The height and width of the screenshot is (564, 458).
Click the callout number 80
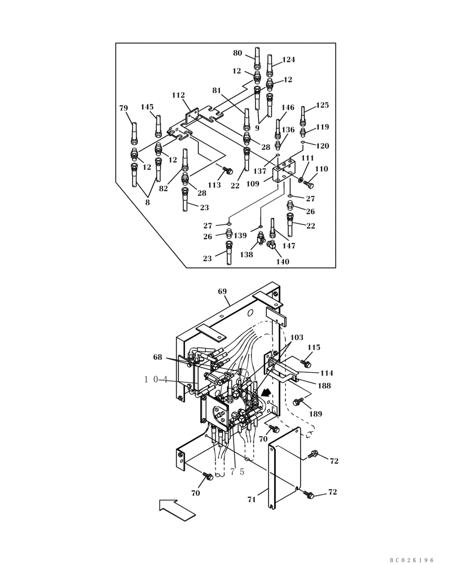pyautogui.click(x=237, y=54)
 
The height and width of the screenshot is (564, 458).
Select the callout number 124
pyautogui.click(x=288, y=60)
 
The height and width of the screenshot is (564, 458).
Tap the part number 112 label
pyautogui.click(x=178, y=95)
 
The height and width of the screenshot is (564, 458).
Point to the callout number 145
pyautogui.click(x=147, y=107)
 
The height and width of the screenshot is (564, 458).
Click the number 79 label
pyautogui.click(x=124, y=108)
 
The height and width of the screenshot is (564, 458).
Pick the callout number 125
pyautogui.click(x=322, y=105)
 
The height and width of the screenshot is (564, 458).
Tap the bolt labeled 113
pyautogui.click(x=227, y=170)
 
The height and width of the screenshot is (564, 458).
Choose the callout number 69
pyautogui.click(x=222, y=292)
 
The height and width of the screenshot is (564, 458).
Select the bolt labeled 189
pyautogui.click(x=298, y=402)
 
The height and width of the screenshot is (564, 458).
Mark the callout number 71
pyautogui.click(x=252, y=499)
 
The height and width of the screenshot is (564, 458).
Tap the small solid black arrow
pyautogui.click(x=266, y=391)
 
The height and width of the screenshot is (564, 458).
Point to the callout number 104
pyautogui.click(x=156, y=380)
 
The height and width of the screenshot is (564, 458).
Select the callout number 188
pyautogui.click(x=324, y=386)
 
